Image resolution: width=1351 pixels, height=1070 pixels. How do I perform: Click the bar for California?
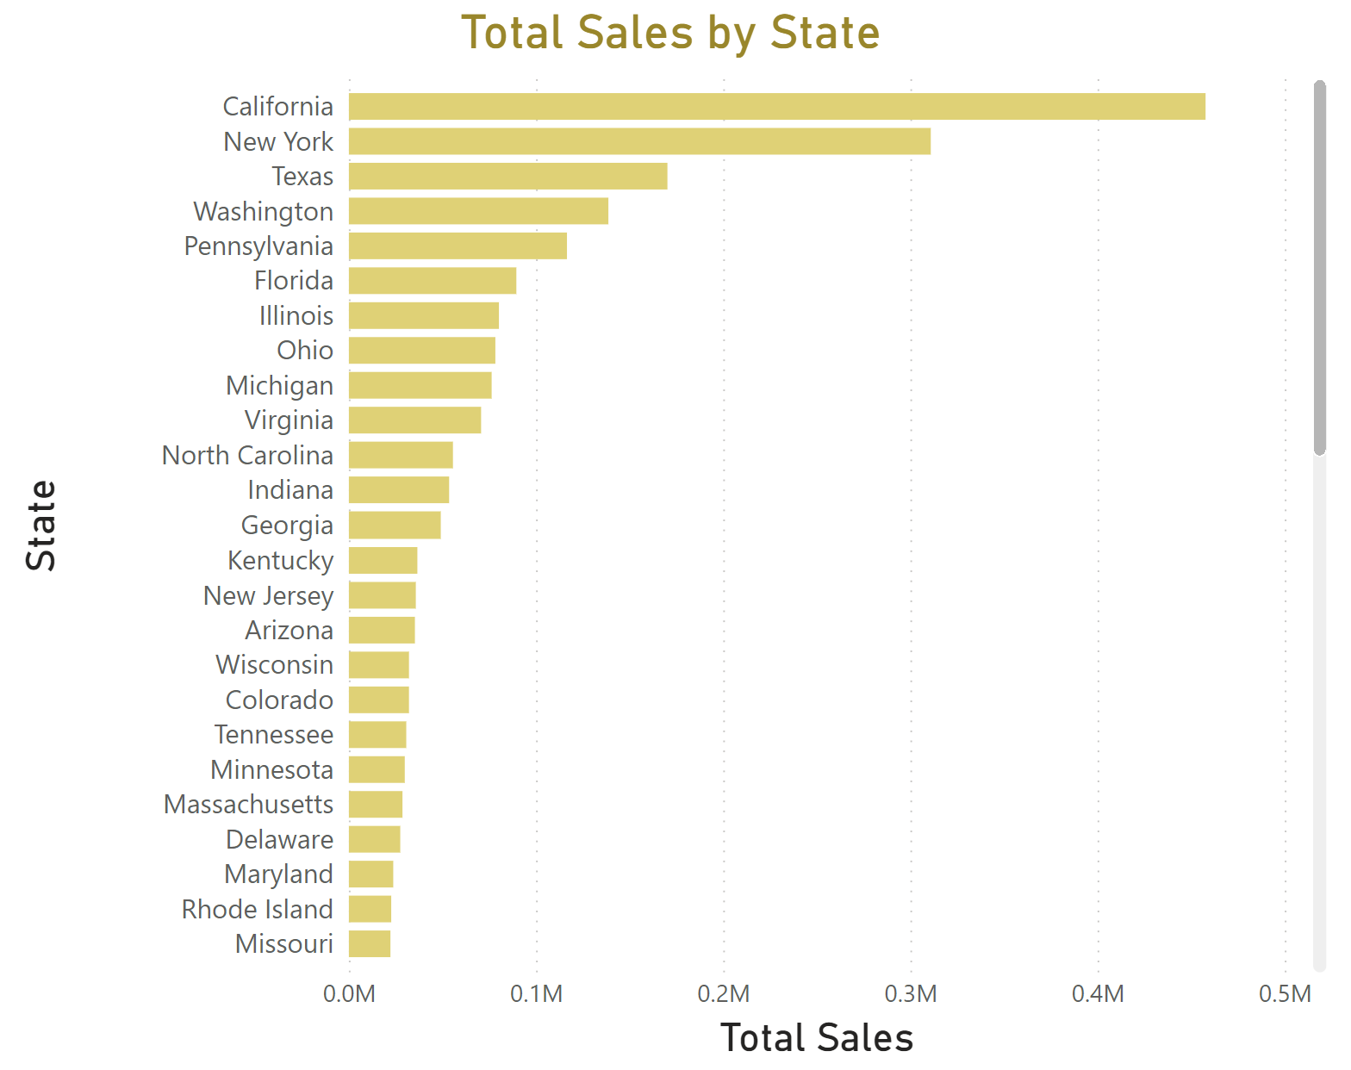[x=776, y=107]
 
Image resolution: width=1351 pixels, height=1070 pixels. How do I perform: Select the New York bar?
[x=639, y=141]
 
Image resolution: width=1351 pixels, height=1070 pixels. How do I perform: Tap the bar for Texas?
[x=507, y=177]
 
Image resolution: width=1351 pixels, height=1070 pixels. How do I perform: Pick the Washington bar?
[x=478, y=211]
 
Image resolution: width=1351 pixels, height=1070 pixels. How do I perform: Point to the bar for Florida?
[x=433, y=281]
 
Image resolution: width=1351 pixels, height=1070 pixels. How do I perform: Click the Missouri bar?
[x=370, y=944]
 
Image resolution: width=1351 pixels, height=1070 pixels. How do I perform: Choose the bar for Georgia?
[x=395, y=526]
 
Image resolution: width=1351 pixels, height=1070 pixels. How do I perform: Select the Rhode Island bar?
[x=370, y=909]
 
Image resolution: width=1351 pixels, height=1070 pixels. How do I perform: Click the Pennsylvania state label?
[x=258, y=246]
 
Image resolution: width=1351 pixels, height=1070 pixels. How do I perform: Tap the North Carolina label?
[x=247, y=456]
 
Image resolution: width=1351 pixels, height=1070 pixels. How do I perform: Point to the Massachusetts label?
[x=248, y=805]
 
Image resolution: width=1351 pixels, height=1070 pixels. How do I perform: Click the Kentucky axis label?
[x=280, y=561]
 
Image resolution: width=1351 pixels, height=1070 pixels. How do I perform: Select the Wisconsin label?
[x=274, y=665]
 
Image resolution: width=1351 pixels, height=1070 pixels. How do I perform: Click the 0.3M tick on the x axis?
[x=911, y=994]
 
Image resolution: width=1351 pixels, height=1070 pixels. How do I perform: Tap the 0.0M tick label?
[x=349, y=994]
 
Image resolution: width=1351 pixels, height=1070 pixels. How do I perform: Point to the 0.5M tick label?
[x=1285, y=994]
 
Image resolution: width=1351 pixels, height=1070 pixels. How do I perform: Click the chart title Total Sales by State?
[x=670, y=34]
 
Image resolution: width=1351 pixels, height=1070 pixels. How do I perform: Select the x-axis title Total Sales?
[x=816, y=1038]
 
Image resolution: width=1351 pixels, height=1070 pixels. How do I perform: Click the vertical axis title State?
[x=41, y=526]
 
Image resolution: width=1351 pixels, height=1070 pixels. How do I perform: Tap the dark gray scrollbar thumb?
[x=1319, y=267]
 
